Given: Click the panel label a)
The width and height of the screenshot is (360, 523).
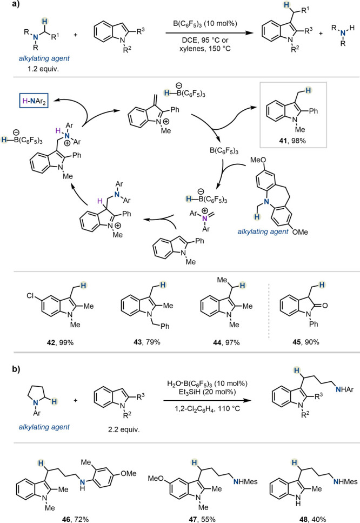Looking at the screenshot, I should [x=7, y=7].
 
